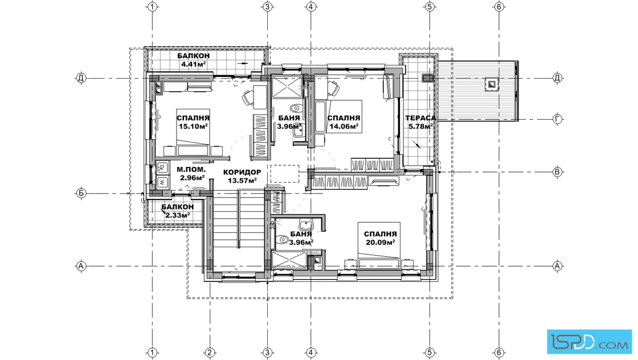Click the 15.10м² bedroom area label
tap(193, 122)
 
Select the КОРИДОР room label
tap(242, 172)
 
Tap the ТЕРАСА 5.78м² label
tap(421, 122)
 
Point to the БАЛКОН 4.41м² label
tap(193, 60)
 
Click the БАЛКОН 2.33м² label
tap(177, 211)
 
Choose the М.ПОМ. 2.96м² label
tap(191, 174)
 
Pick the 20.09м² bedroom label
tap(380, 238)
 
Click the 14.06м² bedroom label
tap(344, 122)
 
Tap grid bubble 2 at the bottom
tap(210, 353)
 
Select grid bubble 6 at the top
tap(499, 7)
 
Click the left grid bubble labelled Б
tap(81, 193)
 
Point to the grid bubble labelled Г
tap(558, 119)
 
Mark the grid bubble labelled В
tap(558, 172)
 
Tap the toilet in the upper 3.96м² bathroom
tap(295, 108)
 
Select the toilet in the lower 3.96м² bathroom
tap(281, 240)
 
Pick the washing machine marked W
tap(162, 182)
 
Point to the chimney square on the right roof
tap(492, 84)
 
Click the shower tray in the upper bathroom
tap(286, 87)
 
